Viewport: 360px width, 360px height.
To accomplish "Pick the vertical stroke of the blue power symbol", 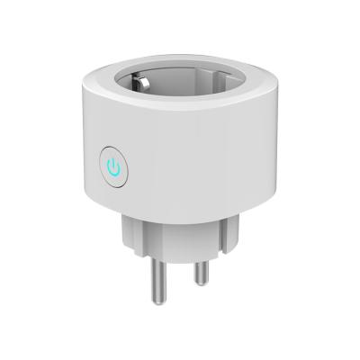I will pyautogui.click(x=113, y=163).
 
